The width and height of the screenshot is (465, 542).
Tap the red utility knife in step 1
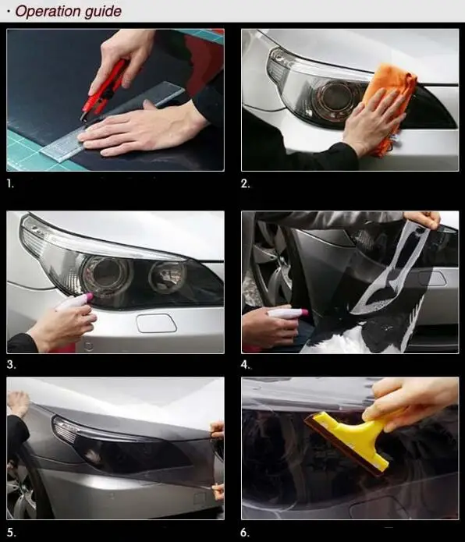pos(104,90)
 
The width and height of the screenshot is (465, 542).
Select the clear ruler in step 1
pos(112,122)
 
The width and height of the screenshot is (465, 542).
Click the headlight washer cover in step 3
pos(156,323)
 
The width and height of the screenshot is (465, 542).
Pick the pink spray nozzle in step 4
pos(303,313)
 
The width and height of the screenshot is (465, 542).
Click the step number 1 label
pos(10,184)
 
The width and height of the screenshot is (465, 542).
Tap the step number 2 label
pos(245,184)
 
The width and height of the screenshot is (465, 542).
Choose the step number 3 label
pos(11,365)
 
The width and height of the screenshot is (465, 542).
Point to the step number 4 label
pos(246,365)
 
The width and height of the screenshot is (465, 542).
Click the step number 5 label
pos(11,533)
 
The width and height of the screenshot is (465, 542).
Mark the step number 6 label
pos(245,533)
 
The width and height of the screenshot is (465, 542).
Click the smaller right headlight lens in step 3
pos(167,277)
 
